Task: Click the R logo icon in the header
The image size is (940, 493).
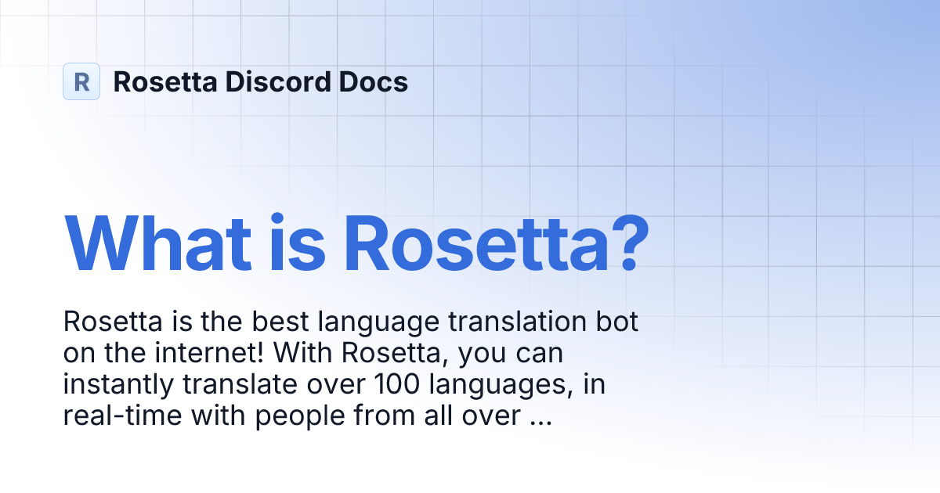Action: point(81,81)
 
